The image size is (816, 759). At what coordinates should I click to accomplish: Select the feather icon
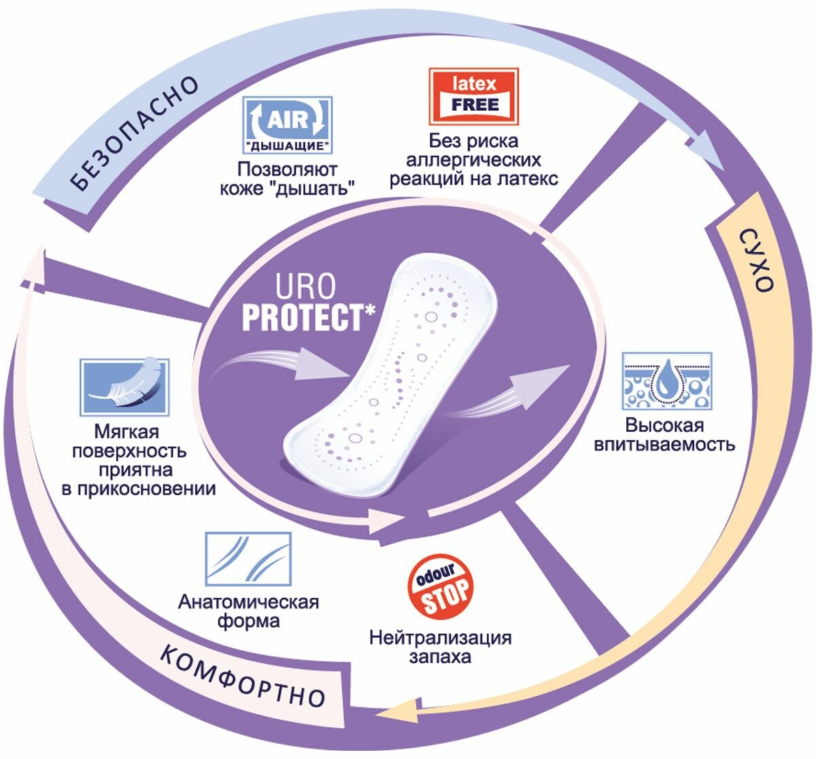[124, 387]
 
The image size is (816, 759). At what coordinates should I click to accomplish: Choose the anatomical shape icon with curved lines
[248, 559]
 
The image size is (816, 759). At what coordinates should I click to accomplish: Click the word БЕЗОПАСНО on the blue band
[134, 133]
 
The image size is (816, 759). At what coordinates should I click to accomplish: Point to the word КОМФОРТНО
[242, 677]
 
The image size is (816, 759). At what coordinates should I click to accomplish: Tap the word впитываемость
[664, 445]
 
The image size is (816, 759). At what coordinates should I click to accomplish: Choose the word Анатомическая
[248, 602]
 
